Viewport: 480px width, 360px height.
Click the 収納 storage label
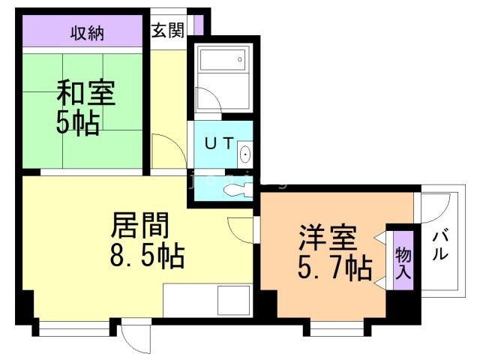pyautogui.click(x=87, y=33)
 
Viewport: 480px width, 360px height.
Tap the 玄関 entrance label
pyautogui.click(x=168, y=30)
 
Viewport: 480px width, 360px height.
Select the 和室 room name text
pyautogui.click(x=85, y=92)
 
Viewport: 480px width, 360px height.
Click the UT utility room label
pyautogui.click(x=219, y=142)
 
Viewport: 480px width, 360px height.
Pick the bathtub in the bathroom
pyautogui.click(x=223, y=60)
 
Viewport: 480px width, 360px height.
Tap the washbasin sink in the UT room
pyautogui.click(x=245, y=154)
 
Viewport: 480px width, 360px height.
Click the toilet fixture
pyautogui.click(x=238, y=190)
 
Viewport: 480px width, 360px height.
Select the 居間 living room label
pyautogui.click(x=140, y=226)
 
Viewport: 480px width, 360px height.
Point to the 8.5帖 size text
pyautogui.click(x=147, y=255)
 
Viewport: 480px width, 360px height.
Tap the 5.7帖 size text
pyautogui.click(x=335, y=268)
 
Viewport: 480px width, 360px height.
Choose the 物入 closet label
pyautogui.click(x=403, y=263)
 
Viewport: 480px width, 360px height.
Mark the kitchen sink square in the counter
pyautogui.click(x=234, y=301)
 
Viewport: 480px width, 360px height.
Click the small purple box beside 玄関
pyautogui.click(x=198, y=24)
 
